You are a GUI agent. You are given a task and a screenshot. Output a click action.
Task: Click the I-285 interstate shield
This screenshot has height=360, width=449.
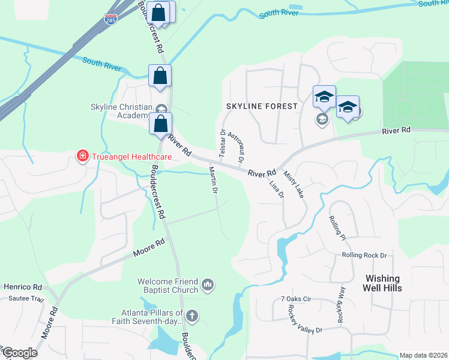(x=110, y=20)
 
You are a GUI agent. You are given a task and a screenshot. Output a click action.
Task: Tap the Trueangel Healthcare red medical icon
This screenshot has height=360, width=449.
(x=81, y=157)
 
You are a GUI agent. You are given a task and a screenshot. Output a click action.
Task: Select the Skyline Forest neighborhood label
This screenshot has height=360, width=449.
(x=261, y=106)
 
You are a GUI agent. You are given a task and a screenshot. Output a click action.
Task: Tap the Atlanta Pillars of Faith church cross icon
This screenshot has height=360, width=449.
(x=192, y=316)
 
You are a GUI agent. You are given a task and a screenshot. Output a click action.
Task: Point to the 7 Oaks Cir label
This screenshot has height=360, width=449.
(x=296, y=299)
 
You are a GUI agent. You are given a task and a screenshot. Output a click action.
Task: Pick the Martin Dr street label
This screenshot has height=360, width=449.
(x=212, y=180)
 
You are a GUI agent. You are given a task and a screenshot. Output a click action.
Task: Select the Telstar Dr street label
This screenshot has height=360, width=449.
(x=222, y=142)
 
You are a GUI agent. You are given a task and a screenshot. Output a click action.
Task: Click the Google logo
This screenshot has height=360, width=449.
(x=19, y=352)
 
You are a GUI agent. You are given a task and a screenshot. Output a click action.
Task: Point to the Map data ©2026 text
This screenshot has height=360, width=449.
(x=423, y=355)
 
